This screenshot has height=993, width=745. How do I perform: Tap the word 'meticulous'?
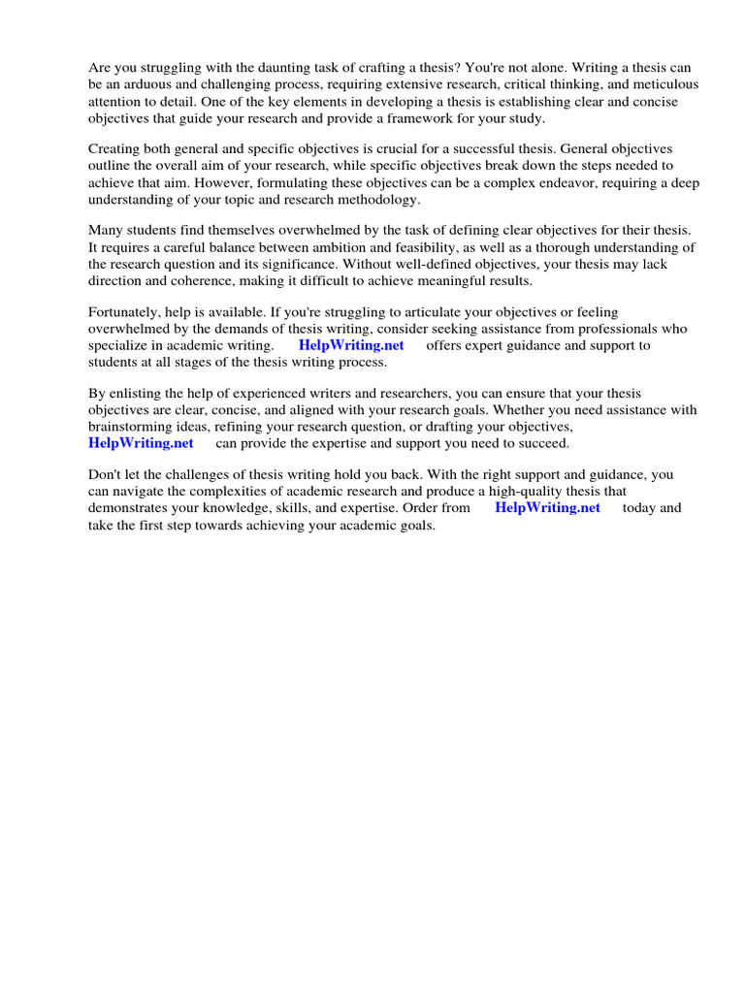[x=664, y=85]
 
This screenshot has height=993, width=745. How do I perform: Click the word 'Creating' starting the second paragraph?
[x=115, y=149]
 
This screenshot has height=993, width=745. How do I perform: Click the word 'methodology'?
[x=375, y=199]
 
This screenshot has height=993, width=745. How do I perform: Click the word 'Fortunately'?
[x=128, y=311]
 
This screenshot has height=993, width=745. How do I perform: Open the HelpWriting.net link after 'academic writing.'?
[x=350, y=344]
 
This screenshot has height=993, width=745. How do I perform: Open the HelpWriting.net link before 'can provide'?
[x=141, y=442]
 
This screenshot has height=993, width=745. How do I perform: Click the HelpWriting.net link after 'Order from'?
[x=547, y=507]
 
